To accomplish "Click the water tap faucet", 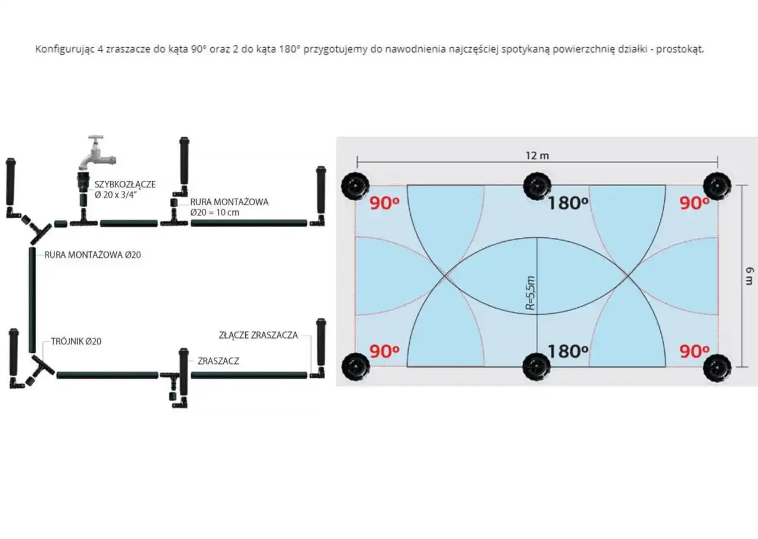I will click(x=97, y=153).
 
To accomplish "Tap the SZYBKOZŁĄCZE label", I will click(x=125, y=184).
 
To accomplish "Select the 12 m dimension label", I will click(x=537, y=155).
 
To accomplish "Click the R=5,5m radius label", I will click(x=531, y=293).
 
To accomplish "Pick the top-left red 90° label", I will click(x=384, y=203).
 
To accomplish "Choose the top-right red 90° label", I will click(x=695, y=203).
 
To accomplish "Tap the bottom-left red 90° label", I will click(x=384, y=351).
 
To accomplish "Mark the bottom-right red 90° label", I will click(x=695, y=351).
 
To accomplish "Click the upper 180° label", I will click(x=567, y=203).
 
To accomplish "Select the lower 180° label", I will click(x=567, y=351).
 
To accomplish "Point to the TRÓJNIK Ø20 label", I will click(x=76, y=342).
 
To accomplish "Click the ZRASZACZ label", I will click(x=219, y=361).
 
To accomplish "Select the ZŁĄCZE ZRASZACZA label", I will click(x=258, y=335).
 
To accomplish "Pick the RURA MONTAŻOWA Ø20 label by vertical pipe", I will click(x=92, y=256).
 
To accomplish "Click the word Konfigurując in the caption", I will click(x=62, y=49).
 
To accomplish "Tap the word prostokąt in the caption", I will click(x=683, y=49).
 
